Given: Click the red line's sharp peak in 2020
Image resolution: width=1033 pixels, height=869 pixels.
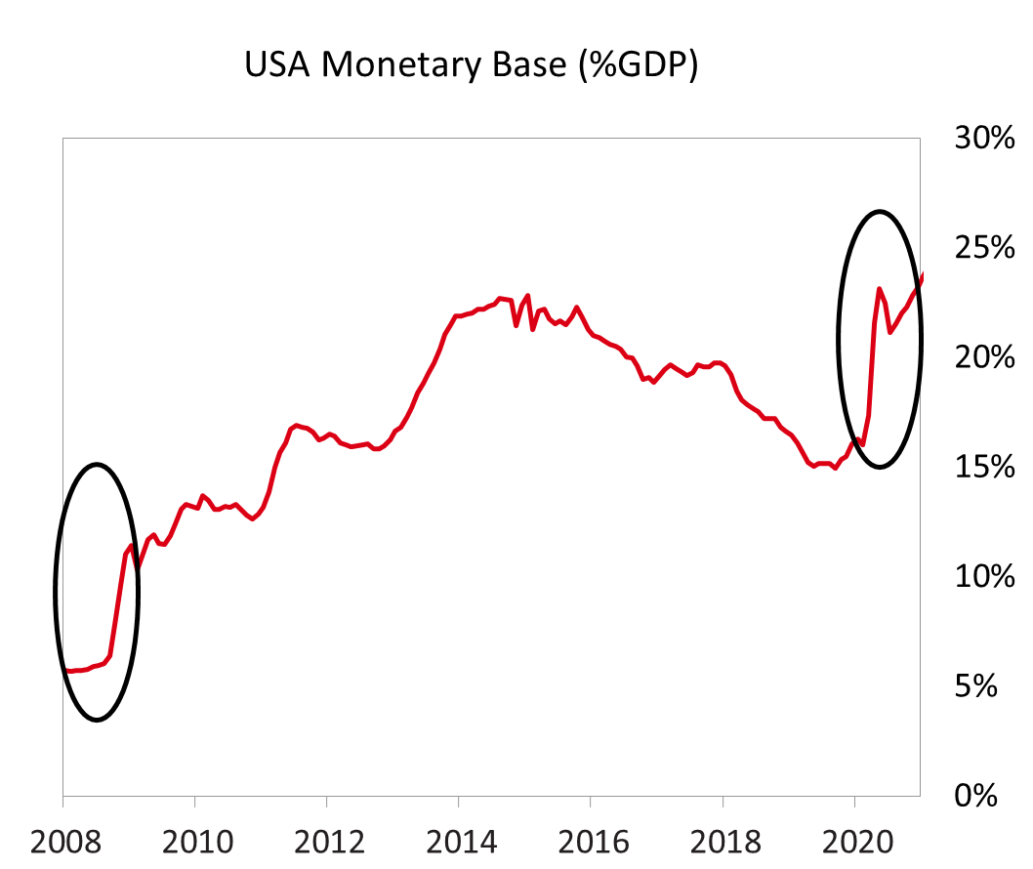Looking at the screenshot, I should coord(879,289).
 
